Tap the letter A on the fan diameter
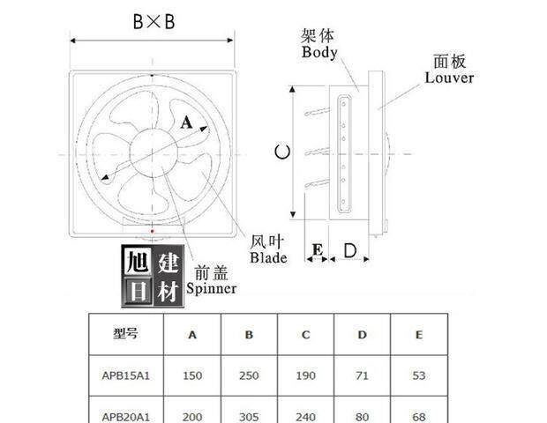click(185, 124)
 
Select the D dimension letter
click(349, 251)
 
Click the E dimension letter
click(316, 251)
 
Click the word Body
click(319, 52)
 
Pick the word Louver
click(449, 78)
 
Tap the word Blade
click(268, 258)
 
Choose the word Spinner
click(211, 288)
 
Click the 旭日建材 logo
click(152, 277)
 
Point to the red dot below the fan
click(154, 232)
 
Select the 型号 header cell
click(125, 334)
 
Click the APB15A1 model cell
click(126, 375)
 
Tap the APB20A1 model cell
click(126, 415)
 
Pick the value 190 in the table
click(305, 375)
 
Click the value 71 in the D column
click(362, 375)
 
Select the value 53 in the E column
click(418, 375)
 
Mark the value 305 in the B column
click(249, 415)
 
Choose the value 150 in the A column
click(192, 375)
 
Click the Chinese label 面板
click(450, 61)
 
